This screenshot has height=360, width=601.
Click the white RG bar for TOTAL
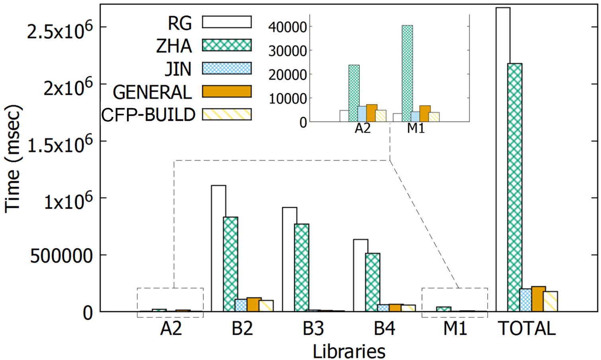(x=503, y=159)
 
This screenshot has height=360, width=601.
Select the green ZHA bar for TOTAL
(x=515, y=187)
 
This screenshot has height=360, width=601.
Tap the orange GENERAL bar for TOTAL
(x=538, y=299)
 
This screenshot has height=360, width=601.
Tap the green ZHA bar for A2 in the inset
(x=354, y=93)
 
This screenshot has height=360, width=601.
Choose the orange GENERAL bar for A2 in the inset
(x=372, y=113)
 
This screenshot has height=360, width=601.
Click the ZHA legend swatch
(x=227, y=45)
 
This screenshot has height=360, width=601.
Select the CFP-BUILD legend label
(x=148, y=115)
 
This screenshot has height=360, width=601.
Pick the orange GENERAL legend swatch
(x=227, y=91)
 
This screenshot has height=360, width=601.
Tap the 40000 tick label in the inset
(x=287, y=27)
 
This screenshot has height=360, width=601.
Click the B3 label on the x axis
(x=313, y=329)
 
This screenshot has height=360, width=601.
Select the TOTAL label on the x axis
(x=527, y=329)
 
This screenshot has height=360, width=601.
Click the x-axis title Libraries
(x=349, y=351)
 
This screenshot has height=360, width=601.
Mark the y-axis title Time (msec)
(x=13, y=159)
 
